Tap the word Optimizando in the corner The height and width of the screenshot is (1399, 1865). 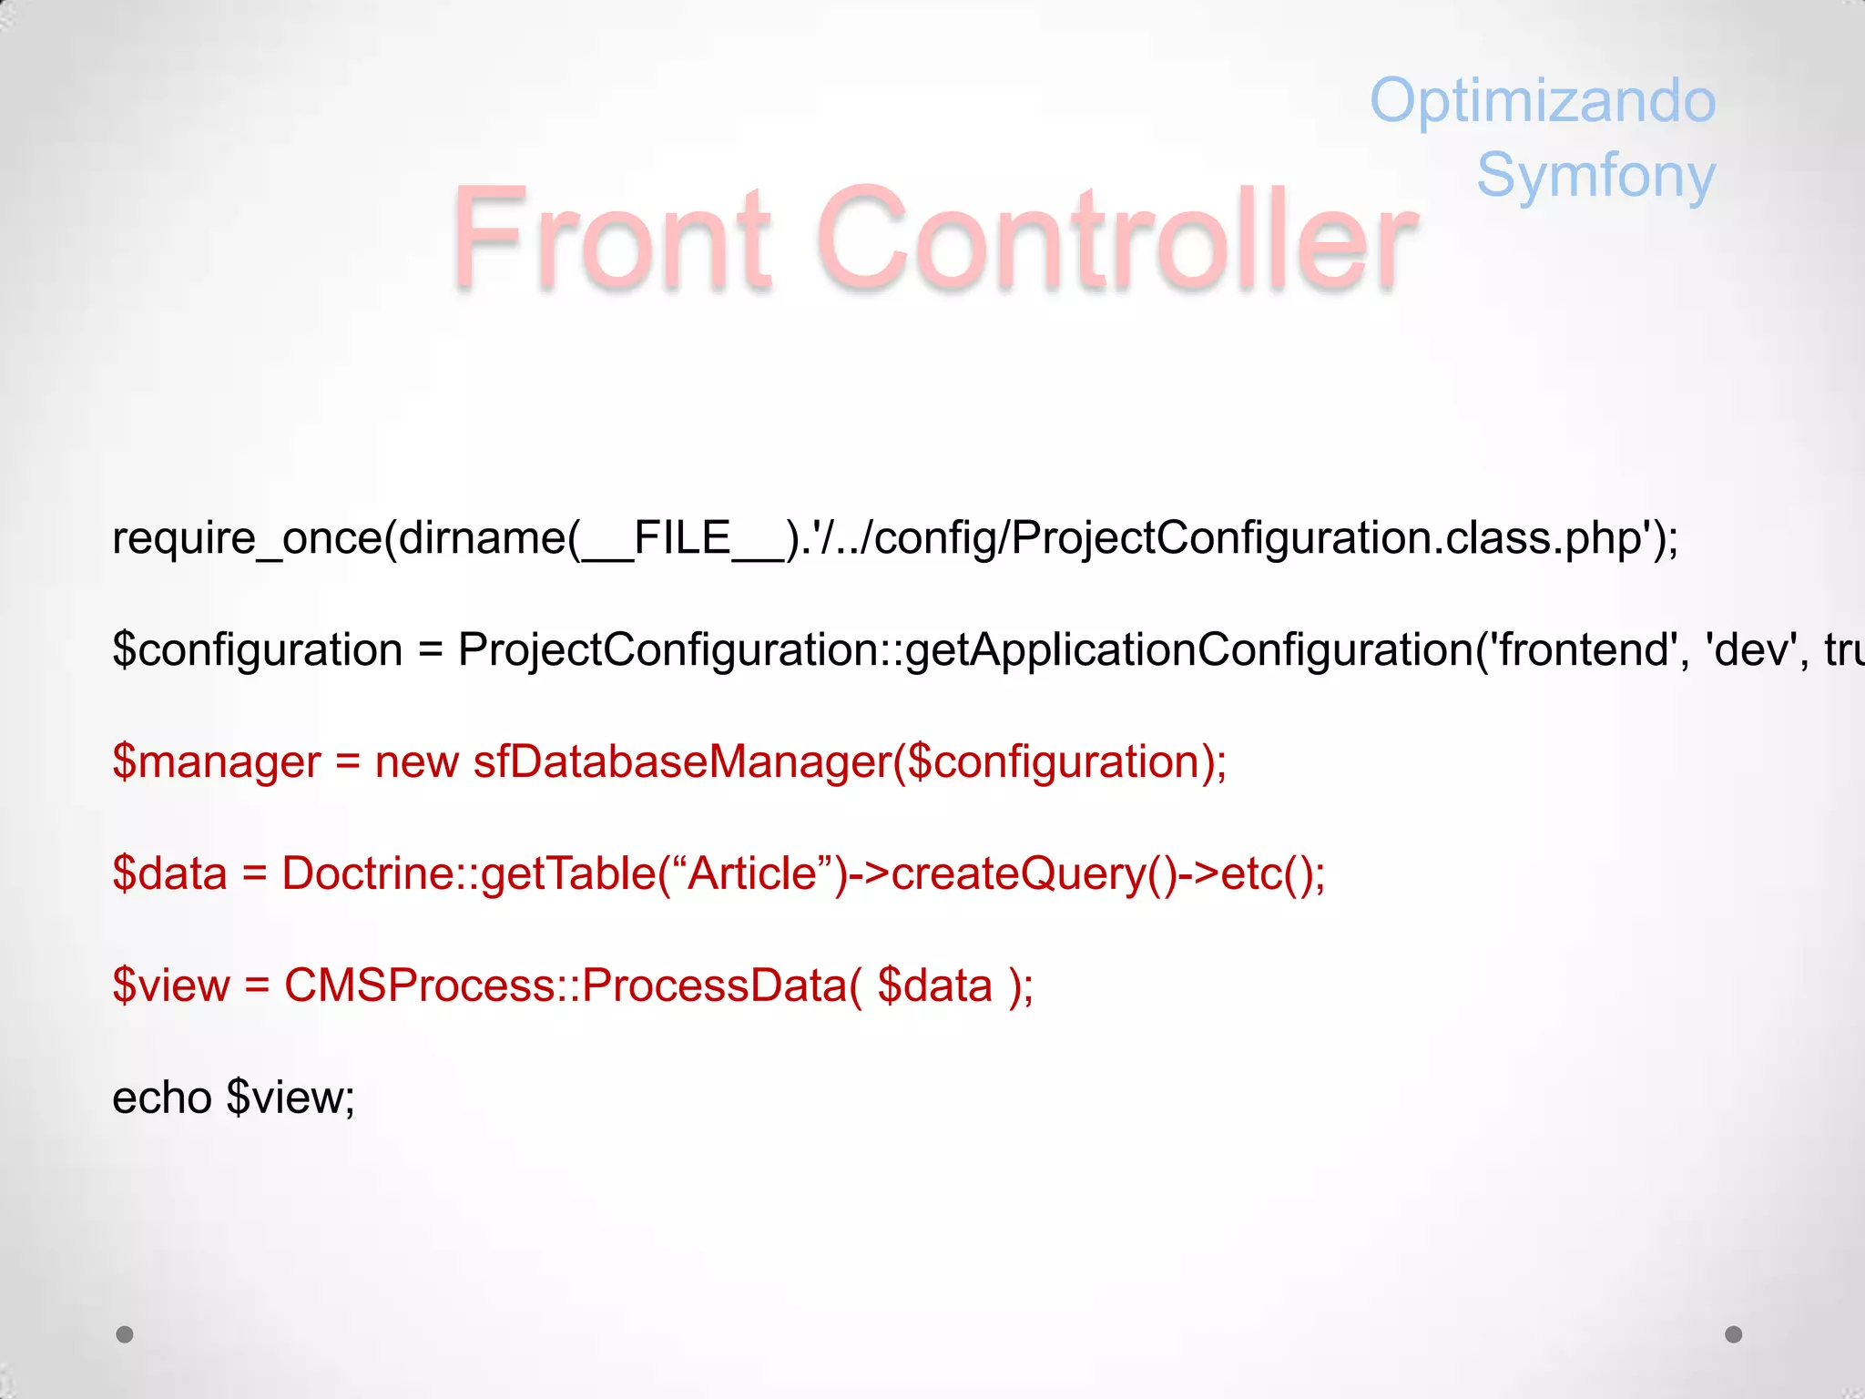click(1542, 100)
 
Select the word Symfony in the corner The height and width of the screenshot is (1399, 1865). click(1595, 175)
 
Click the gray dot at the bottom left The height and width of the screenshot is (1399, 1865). click(125, 1334)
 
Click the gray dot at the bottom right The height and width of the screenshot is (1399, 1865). click(1734, 1334)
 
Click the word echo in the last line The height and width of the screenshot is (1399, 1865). click(161, 1098)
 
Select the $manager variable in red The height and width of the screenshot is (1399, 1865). click(216, 762)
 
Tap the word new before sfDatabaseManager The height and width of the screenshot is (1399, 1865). click(416, 762)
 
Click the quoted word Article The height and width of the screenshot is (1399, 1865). click(752, 874)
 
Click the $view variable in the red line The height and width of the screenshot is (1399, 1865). click(171, 986)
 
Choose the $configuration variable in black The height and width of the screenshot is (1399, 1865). click(257, 650)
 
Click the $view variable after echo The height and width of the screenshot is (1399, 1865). click(290, 1098)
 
